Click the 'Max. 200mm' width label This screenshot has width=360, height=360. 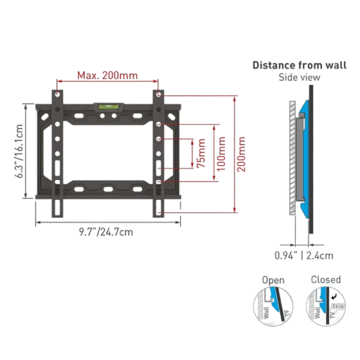coord(107,76)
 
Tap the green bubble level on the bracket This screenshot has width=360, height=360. coord(109,107)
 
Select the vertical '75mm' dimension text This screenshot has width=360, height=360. coord(201,153)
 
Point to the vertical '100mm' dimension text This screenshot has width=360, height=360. coord(221,154)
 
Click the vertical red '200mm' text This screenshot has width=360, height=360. coord(241,154)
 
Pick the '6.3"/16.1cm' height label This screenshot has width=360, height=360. coord(19,151)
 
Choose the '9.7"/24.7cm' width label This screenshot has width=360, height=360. coord(106,232)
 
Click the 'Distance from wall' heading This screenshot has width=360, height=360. coord(299,65)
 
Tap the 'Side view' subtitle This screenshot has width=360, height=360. coord(299,77)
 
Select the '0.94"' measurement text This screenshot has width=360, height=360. coord(286,256)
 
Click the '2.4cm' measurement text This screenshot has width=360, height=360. coord(320,256)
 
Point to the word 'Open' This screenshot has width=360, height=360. coord(273,280)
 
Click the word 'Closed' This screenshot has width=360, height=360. coord(326,280)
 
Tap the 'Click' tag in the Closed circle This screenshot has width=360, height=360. coord(338,307)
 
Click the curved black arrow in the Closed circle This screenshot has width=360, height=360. coord(334,297)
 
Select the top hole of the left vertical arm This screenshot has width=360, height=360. coord(58,94)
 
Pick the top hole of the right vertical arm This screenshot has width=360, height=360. coord(158,94)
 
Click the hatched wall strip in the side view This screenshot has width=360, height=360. coord(292,158)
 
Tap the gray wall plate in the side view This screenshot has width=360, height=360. coord(299,159)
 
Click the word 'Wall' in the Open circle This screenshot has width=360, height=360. coord(266,313)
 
